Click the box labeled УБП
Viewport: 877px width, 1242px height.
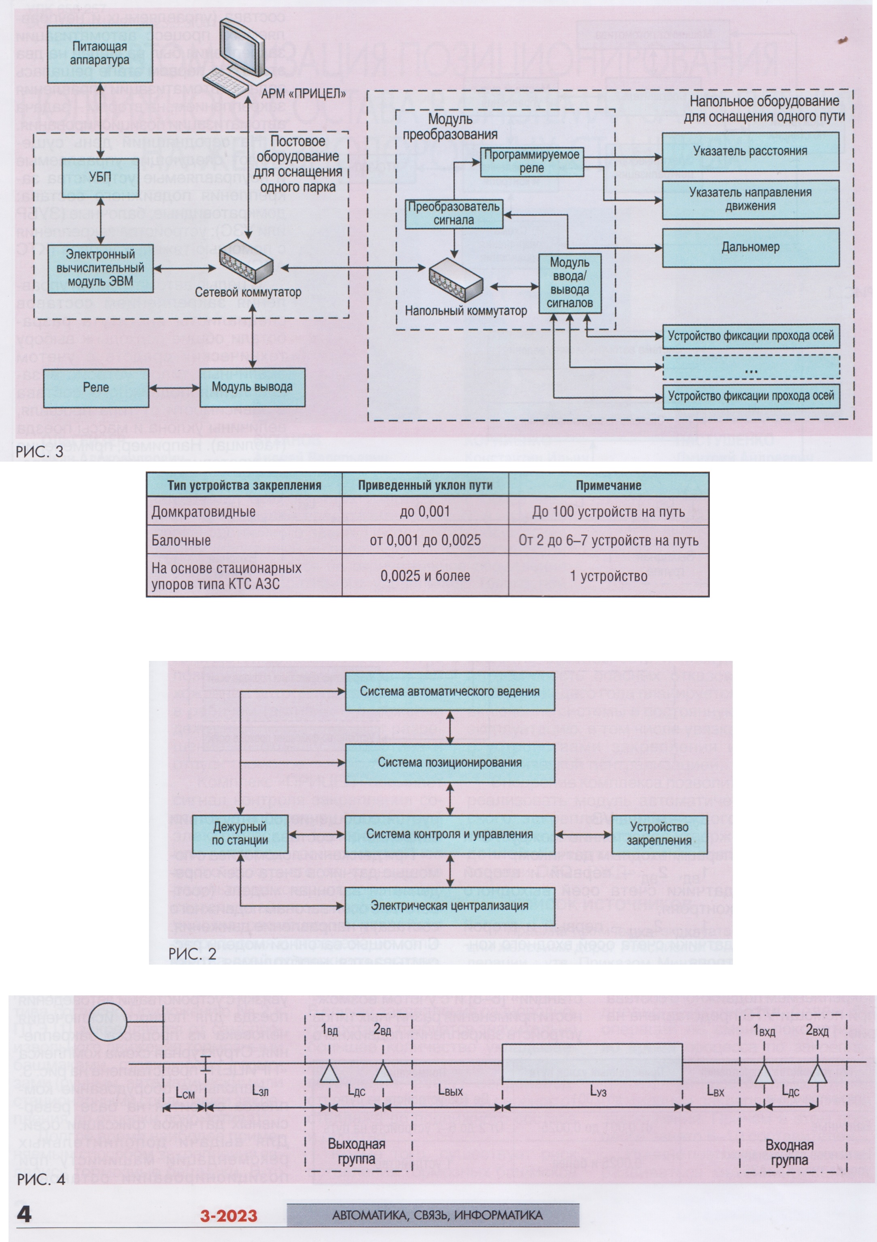100,177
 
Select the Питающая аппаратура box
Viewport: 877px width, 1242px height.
100,53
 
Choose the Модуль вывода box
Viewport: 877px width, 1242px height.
252,387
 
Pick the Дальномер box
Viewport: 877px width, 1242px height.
750,247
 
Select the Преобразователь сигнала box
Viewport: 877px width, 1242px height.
454,214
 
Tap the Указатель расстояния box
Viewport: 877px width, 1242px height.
750,151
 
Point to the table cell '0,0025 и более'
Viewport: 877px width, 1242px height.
425,575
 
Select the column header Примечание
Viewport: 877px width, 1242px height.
608,485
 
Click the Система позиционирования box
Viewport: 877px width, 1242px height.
450,763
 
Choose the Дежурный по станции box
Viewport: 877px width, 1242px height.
240,833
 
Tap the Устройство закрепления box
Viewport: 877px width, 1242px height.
659,833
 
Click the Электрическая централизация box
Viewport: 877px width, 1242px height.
450,905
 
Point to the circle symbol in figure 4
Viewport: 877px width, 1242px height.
108,1021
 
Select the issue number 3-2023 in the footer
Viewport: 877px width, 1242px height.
229,1216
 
